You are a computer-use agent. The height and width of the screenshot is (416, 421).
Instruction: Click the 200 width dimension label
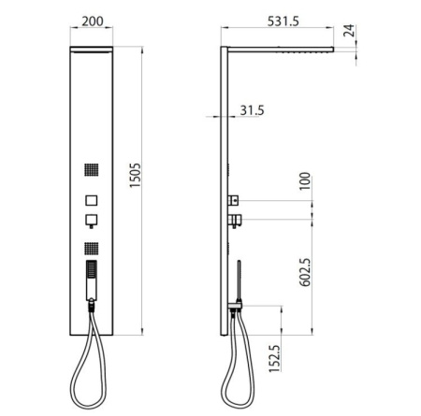click(93, 22)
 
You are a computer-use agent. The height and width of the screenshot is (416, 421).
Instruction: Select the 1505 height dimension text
click(135, 176)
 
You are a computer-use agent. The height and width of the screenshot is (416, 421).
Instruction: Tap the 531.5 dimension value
click(283, 22)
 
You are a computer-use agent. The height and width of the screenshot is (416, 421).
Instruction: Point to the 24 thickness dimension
click(349, 30)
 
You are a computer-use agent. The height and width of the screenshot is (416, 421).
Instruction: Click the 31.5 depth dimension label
click(252, 110)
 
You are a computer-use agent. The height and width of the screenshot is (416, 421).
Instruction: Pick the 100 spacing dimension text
click(305, 181)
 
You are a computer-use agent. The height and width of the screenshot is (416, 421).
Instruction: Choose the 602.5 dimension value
click(305, 272)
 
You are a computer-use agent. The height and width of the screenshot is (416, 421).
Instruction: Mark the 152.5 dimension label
click(274, 358)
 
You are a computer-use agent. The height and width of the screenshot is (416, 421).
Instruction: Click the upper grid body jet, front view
click(92, 170)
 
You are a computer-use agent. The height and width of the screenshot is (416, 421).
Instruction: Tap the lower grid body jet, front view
click(92, 249)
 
